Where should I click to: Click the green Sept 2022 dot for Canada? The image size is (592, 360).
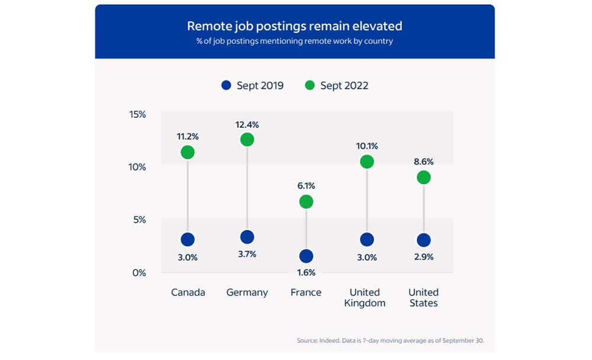pos(188,152)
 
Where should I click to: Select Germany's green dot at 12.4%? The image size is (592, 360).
pos(247,140)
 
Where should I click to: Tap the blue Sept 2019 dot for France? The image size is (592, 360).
pos(306,256)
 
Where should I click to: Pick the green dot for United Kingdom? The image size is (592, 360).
pos(367,162)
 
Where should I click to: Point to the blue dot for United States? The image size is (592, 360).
pos(423,240)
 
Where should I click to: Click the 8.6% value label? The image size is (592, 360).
pos(423,160)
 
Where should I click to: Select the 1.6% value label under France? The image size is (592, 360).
pos(306,273)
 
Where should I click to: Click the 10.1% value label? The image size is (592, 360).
pos(367,146)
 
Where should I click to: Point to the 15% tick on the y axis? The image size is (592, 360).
pos(137,114)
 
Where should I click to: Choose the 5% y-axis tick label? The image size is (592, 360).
pos(139,220)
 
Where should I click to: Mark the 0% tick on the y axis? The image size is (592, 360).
pos(139,273)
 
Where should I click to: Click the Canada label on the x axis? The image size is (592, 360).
pos(188,292)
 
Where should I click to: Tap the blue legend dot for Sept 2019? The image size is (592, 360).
pos(226,85)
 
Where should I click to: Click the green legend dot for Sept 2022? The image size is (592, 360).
pos(310,85)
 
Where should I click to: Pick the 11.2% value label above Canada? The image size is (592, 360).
pos(188,136)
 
